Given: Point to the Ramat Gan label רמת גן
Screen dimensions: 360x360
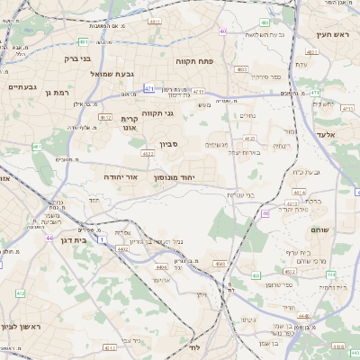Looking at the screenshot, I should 58,92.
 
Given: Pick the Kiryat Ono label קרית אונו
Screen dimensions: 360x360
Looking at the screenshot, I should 130,123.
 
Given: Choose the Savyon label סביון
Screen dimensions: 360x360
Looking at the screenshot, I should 170,144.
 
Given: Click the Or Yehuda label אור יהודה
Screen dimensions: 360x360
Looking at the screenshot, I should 120,177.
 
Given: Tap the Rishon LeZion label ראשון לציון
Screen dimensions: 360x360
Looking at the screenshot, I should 21,326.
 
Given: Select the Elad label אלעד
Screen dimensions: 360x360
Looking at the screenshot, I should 325,133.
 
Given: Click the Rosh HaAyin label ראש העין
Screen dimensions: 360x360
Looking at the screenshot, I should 330,34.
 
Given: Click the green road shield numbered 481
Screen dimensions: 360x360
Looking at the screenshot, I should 83,41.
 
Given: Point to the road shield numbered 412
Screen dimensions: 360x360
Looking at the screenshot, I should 21,293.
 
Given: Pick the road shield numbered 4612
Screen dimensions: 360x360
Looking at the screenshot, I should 105,117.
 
